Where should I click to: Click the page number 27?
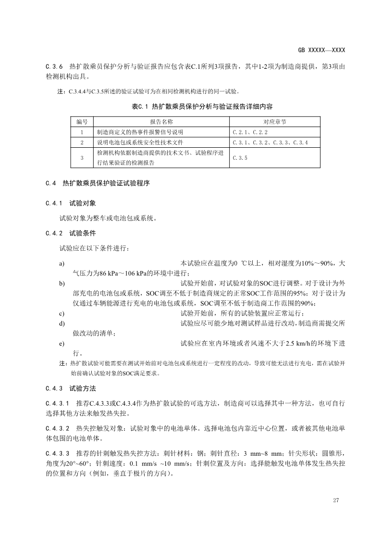click(x=336, y=500)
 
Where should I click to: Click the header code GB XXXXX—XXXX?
click(x=321, y=50)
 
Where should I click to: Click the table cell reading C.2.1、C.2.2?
click(x=250, y=131)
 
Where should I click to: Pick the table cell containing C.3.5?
click(x=240, y=157)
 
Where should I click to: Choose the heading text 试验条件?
click(x=83, y=233)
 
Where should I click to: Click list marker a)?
click(x=62, y=264)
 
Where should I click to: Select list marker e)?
click(x=62, y=344)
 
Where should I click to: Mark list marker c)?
click(x=62, y=313)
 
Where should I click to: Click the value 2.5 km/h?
click(x=299, y=344)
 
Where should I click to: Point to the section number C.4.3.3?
click(x=58, y=453)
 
